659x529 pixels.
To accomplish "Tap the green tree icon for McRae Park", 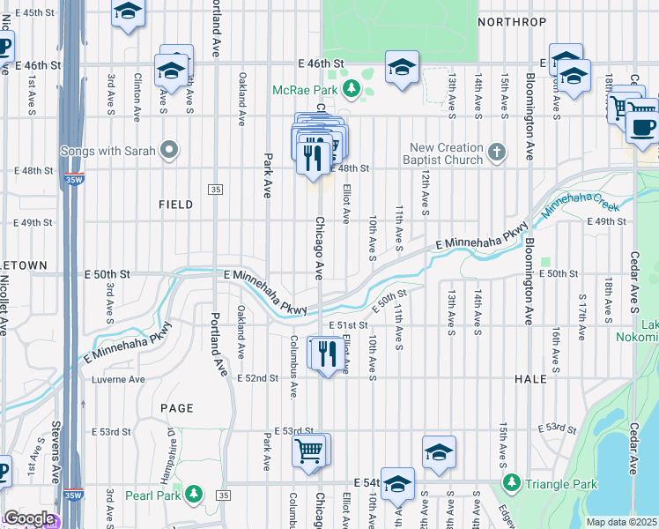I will (x=351, y=88).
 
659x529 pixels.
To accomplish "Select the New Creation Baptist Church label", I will (x=446, y=153).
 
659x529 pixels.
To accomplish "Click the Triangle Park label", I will (x=560, y=484).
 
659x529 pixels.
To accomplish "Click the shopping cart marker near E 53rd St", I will (x=308, y=452).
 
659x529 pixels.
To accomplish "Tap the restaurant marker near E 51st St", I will (x=327, y=354).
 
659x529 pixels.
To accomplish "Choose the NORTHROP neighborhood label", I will (x=512, y=21).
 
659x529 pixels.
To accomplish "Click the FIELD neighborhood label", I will (x=175, y=205).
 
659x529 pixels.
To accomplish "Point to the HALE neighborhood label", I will (x=532, y=377).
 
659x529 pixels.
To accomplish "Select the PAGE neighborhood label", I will (x=176, y=408).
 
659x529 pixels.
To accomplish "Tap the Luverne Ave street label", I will (x=118, y=380).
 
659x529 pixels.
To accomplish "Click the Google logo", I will (x=29, y=519).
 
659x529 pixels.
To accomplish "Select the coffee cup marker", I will (x=643, y=127).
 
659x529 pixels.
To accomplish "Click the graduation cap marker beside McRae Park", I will (x=402, y=67).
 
